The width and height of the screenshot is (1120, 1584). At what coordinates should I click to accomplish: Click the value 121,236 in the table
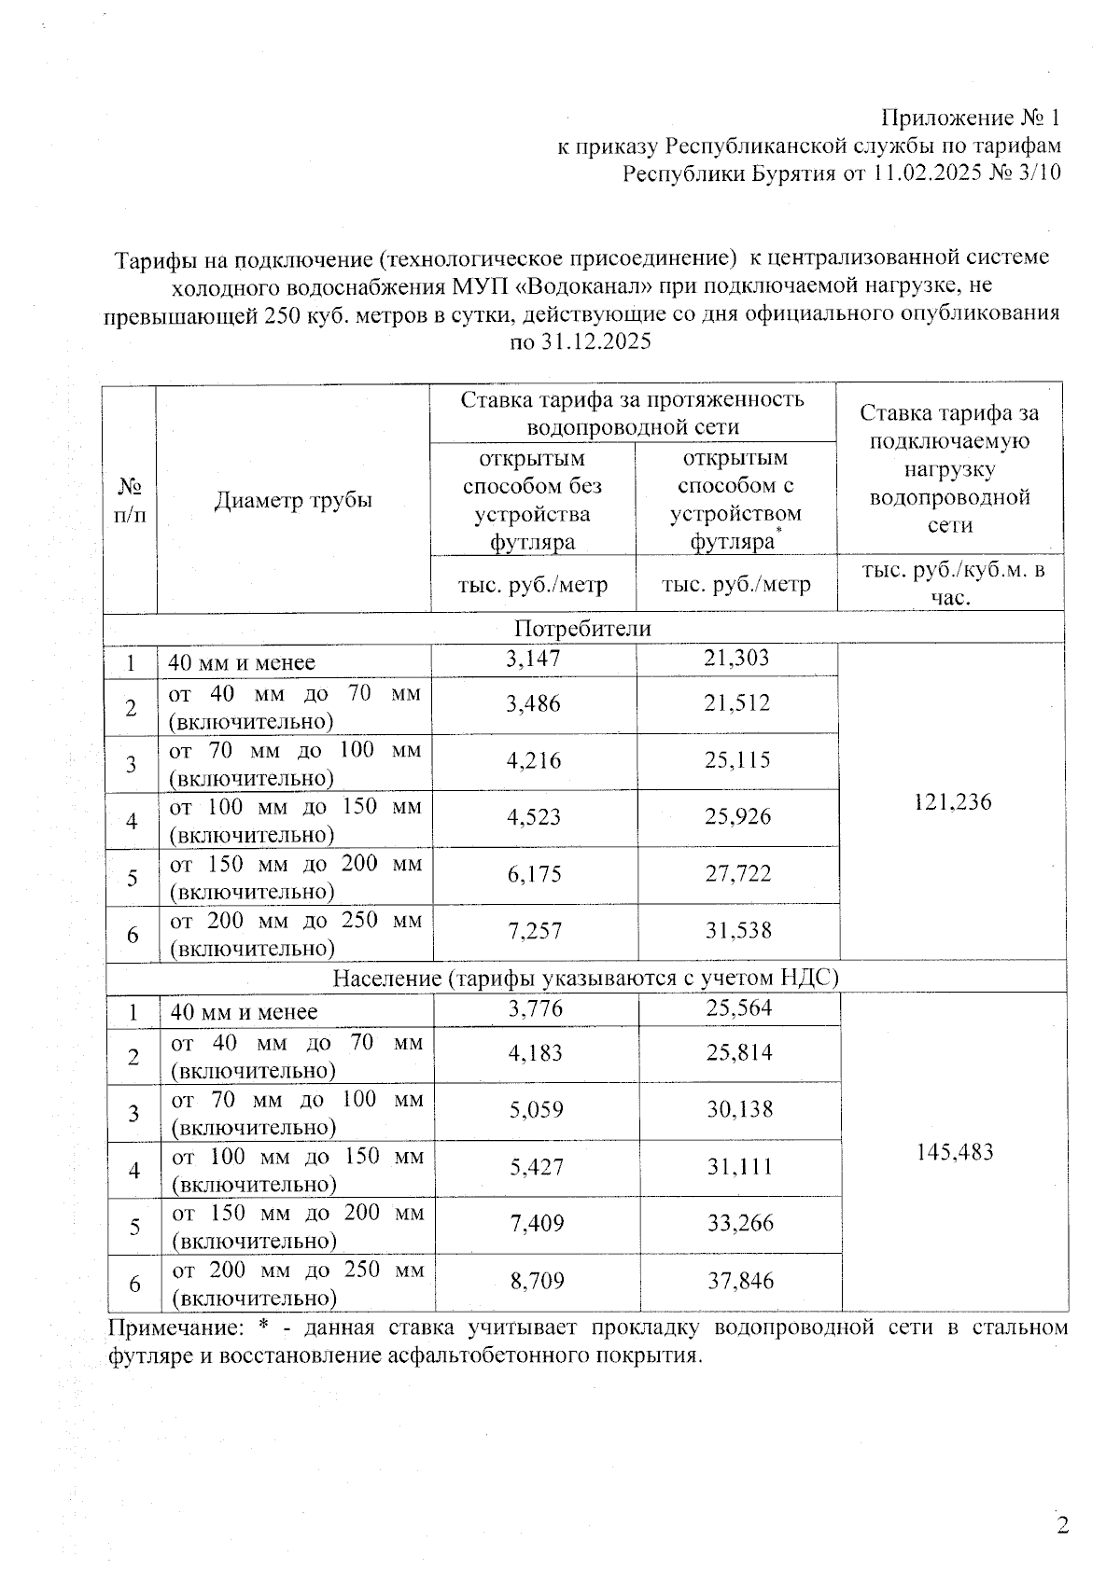pyautogui.click(x=953, y=801)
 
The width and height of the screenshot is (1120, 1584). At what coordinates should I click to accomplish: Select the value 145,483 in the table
pyautogui.click(x=955, y=1152)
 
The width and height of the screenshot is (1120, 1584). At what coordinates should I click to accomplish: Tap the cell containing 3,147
pyautogui.click(x=533, y=659)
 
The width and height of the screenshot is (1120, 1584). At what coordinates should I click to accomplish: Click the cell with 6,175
pyautogui.click(x=534, y=874)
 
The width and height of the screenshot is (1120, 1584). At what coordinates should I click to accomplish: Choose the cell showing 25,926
pyautogui.click(x=737, y=817)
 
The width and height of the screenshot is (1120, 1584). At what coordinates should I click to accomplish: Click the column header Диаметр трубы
pyautogui.click(x=293, y=500)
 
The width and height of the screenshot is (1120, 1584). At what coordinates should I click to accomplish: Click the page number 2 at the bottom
pyautogui.click(x=1061, y=1526)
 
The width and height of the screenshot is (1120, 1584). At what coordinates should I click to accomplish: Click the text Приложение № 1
pyautogui.click(x=971, y=118)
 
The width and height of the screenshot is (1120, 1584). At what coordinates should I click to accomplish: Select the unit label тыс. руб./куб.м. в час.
pyautogui.click(x=951, y=583)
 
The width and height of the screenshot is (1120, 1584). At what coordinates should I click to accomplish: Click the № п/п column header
pyautogui.click(x=131, y=500)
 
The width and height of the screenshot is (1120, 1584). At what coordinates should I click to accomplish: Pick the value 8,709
pyautogui.click(x=538, y=1281)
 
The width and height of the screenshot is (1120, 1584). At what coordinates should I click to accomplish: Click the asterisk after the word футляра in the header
pyautogui.click(x=779, y=530)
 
